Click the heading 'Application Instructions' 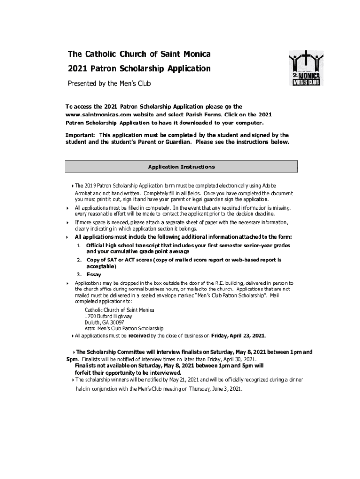(x=181, y=167)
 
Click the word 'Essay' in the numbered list (x=94, y=275)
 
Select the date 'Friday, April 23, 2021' (x=238, y=335)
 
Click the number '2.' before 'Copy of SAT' (x=80, y=260)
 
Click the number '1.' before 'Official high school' (x=80, y=246)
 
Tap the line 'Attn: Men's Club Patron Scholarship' (x=124, y=329)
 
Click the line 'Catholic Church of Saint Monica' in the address (x=119, y=310)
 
